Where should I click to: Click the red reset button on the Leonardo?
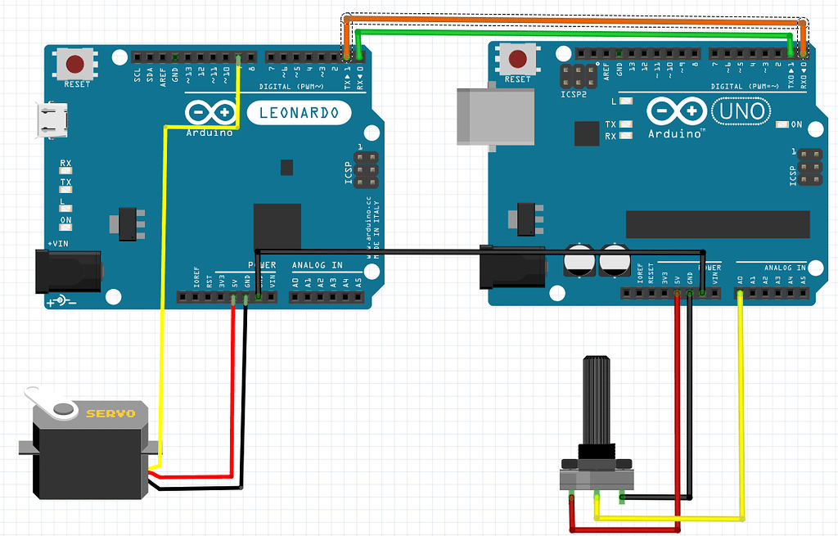(74, 63)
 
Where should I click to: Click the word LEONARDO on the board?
(299, 113)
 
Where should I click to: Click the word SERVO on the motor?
(110, 413)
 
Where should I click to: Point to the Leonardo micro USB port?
(51, 119)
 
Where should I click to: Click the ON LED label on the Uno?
(795, 124)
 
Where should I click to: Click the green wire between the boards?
(573, 33)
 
